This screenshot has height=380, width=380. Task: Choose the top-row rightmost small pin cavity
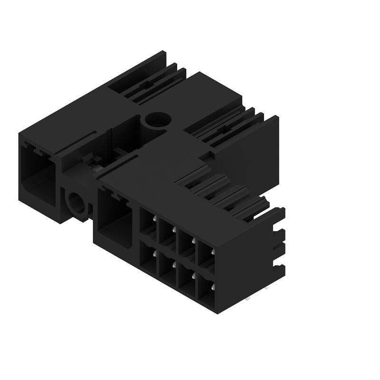click(206, 256)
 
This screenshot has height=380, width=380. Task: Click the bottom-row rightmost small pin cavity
click(206, 290)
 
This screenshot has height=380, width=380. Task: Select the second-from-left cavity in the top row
click(167, 233)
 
